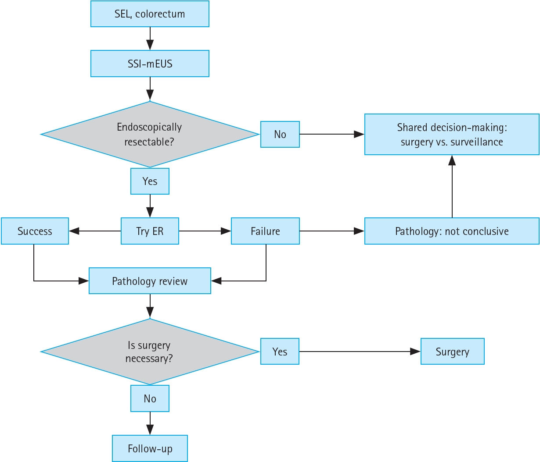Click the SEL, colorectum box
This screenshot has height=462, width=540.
click(150, 14)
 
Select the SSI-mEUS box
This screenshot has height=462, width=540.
click(150, 64)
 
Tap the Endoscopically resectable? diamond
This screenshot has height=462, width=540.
click(150, 134)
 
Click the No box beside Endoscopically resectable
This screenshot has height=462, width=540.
click(280, 134)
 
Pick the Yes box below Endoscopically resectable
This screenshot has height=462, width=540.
click(150, 181)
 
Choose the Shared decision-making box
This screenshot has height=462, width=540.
click(452, 134)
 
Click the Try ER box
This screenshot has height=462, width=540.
click(150, 231)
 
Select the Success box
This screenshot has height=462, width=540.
click(35, 231)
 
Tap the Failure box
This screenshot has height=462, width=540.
click(265, 231)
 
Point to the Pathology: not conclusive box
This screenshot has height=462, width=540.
click(452, 231)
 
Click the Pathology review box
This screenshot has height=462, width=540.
click(150, 281)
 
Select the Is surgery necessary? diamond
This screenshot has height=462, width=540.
click(150, 352)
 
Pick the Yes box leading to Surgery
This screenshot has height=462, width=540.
click(280, 352)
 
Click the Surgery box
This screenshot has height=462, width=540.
click(452, 352)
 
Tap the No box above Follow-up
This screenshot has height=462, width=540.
click(150, 398)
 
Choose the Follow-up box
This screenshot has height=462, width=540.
click(150, 448)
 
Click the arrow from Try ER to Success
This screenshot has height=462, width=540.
click(95, 231)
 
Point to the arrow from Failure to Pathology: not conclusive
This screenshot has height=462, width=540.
click(332, 231)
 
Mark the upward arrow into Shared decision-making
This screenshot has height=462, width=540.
click(452, 186)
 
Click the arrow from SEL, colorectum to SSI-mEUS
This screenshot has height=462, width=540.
click(150, 39)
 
